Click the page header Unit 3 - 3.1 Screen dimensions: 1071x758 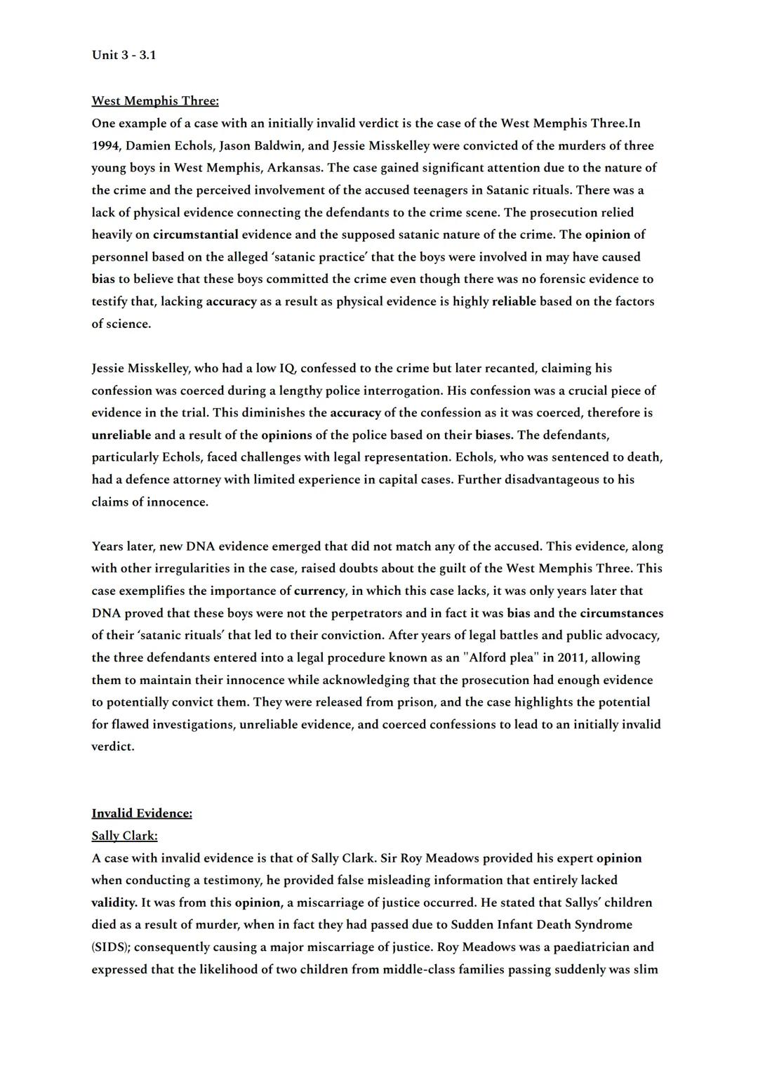point(124,55)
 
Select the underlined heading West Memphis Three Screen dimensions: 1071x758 point(155,101)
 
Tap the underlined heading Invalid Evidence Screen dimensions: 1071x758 point(142,813)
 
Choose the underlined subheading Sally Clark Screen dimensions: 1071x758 point(124,836)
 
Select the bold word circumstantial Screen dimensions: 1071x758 point(196,235)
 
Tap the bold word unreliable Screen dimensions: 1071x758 point(121,435)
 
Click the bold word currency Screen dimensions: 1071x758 point(320,591)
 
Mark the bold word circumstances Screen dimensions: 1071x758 point(621,613)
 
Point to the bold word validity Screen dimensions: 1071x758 point(114,902)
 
